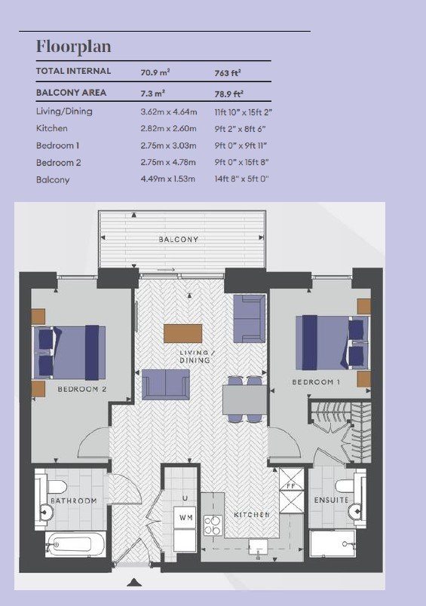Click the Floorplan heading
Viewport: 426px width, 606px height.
coord(73,47)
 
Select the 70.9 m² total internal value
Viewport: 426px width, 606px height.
coord(155,72)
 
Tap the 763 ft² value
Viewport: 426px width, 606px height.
coord(228,72)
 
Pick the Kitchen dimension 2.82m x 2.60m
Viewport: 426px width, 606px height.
coord(169,128)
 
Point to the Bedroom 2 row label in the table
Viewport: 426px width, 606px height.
coord(58,163)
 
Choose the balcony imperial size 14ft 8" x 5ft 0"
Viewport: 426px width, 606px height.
coord(241,179)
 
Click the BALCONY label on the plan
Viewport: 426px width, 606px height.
coord(179,240)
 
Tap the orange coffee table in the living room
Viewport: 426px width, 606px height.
coord(183,334)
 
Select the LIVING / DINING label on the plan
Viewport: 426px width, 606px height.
coord(195,357)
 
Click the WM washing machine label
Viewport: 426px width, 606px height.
coord(186,518)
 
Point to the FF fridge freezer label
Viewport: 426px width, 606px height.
coord(291,486)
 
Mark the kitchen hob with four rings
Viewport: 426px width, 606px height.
coord(213,525)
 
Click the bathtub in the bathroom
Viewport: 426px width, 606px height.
coord(75,544)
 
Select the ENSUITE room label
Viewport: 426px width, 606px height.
coord(332,500)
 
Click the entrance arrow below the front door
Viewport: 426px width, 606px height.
coord(134,582)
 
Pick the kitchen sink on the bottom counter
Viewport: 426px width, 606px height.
coord(258,546)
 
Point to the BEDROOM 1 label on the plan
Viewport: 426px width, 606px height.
coord(316,382)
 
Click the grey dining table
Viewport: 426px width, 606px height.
coord(245,399)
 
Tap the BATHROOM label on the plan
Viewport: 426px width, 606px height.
coord(73,501)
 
